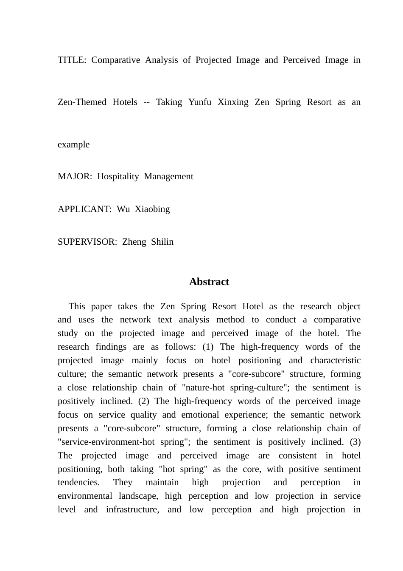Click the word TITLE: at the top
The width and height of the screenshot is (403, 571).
click(x=72, y=60)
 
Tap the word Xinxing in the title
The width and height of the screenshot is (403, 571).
click(x=233, y=102)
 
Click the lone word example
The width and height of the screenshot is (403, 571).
click(x=73, y=144)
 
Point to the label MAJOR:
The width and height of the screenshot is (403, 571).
click(x=75, y=176)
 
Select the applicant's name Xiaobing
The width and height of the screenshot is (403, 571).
click(x=152, y=209)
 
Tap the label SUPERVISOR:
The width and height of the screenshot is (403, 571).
click(x=87, y=242)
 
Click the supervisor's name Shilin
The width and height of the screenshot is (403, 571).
click(x=162, y=242)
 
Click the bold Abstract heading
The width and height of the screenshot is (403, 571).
click(x=209, y=282)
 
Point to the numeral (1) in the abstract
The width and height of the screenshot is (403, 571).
click(x=208, y=347)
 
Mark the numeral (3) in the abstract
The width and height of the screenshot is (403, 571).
click(x=355, y=442)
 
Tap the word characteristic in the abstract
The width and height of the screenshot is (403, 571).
click(x=335, y=360)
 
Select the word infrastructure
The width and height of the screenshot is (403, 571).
click(x=132, y=509)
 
